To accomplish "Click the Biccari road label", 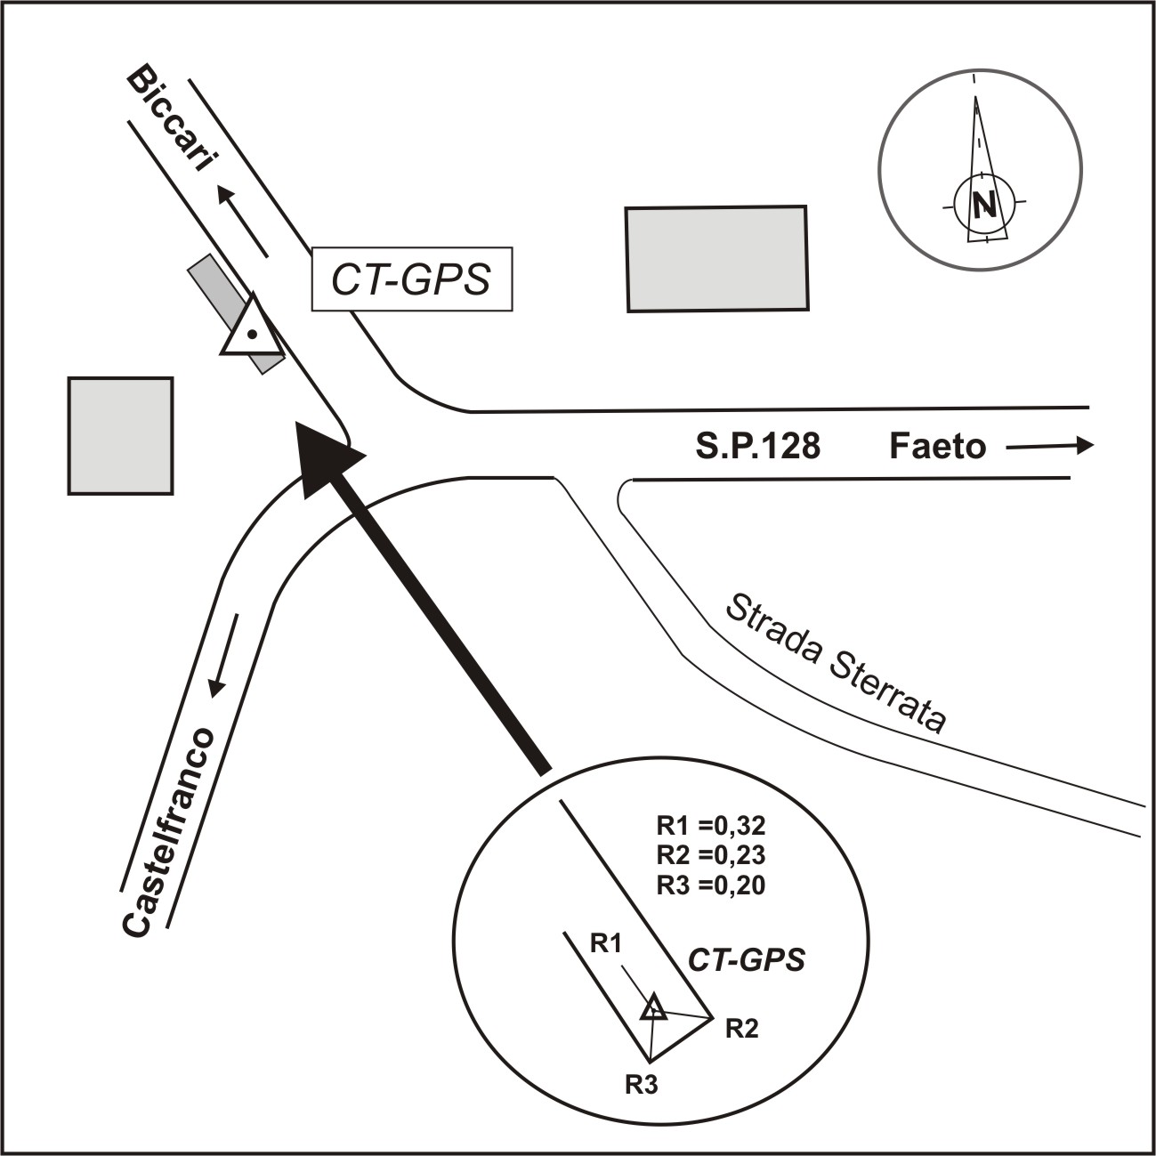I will tap(174, 124).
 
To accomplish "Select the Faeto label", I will tap(937, 446).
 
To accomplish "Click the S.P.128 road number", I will tap(757, 446).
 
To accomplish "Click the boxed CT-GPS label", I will tap(411, 279).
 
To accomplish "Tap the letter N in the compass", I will tap(983, 206).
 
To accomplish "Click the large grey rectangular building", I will tap(716, 259).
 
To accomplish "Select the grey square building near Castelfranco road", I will tap(120, 435).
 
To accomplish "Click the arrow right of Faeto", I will tap(1050, 447).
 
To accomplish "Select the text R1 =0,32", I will tap(710, 824).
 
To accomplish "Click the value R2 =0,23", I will tap(710, 854).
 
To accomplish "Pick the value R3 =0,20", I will tap(710, 885).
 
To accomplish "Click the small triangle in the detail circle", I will tap(654, 1008).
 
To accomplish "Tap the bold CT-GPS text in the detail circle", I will tap(747, 960).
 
